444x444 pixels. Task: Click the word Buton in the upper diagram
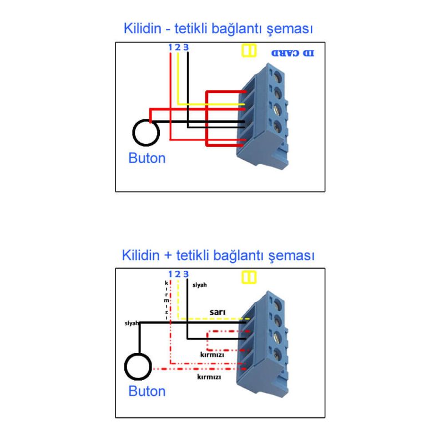[147, 158]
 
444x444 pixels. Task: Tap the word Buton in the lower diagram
[147, 391]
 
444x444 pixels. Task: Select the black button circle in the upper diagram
[146, 132]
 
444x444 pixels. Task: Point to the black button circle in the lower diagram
[138, 367]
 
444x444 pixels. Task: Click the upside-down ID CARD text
[292, 53]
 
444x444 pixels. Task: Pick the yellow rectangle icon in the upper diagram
[249, 51]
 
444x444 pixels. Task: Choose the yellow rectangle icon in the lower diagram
[249, 277]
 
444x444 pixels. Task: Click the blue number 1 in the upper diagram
[170, 47]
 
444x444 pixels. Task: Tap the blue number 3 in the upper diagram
[186, 47]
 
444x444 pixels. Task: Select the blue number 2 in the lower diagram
[178, 274]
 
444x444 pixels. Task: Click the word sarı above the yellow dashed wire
[216, 312]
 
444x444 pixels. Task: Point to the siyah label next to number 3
[199, 285]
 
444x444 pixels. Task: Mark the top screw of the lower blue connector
[277, 302]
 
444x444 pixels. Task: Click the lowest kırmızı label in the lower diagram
[209, 377]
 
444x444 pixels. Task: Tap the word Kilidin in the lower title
[140, 255]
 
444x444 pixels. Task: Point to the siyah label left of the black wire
[132, 322]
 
